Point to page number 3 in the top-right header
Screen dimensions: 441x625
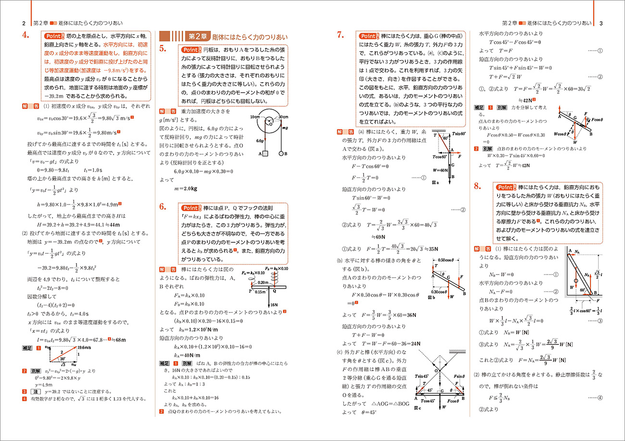pyautogui.click(x=600, y=23)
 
